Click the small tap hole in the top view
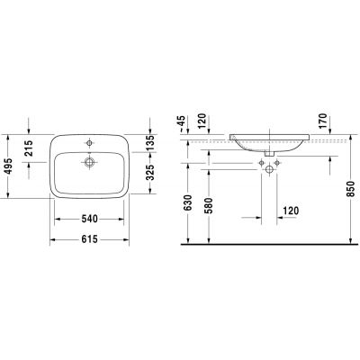pyautogui.click(x=90, y=143)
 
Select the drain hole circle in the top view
pyautogui.click(x=90, y=162)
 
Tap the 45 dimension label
pyautogui.click(x=181, y=121)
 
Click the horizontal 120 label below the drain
pyautogui.click(x=290, y=211)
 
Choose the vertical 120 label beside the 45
pyautogui.click(x=203, y=121)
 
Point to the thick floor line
pyautogui.click(x=270, y=245)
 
